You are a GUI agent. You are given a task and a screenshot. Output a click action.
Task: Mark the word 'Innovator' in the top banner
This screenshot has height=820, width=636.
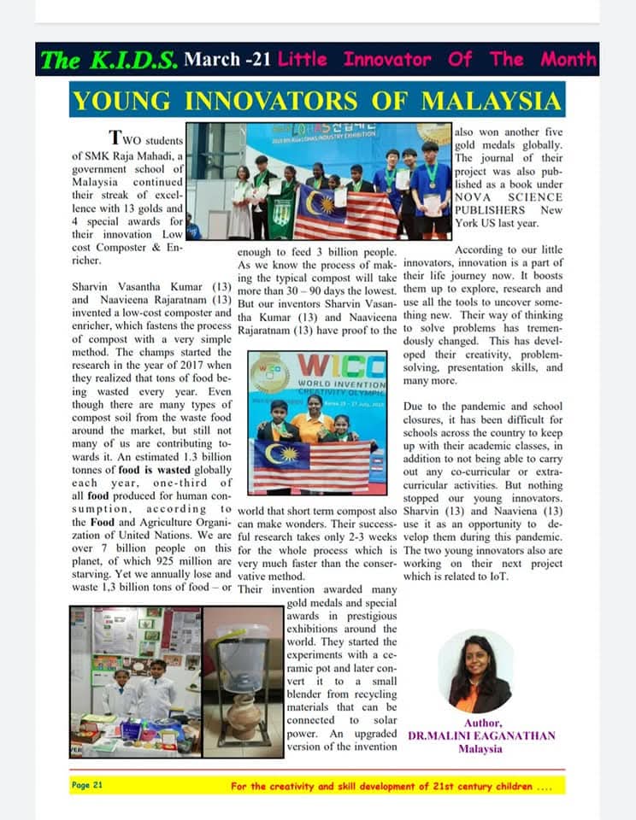point(387,60)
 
